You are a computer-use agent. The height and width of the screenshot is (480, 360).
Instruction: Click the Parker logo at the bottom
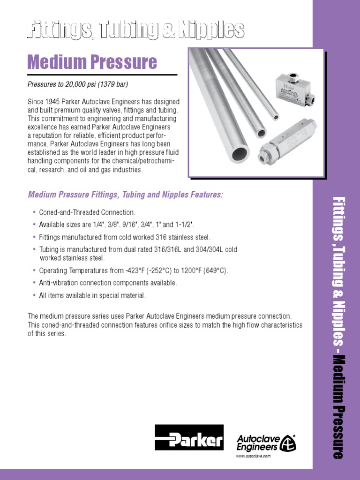coord(189,437)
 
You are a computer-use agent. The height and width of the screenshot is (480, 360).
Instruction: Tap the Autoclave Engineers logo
coord(266,442)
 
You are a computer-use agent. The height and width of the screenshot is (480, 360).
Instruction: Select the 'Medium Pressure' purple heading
coord(92,62)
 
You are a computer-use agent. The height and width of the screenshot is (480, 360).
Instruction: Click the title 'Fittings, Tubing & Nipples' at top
coord(136,30)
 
